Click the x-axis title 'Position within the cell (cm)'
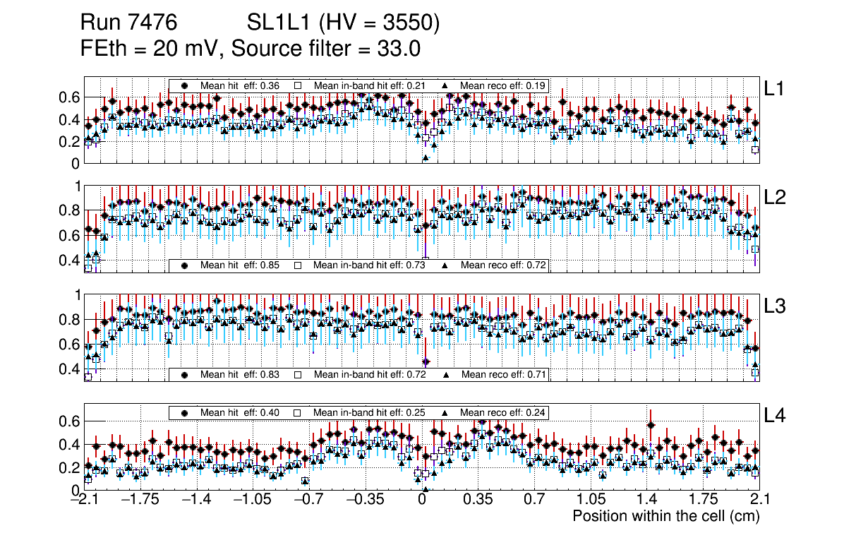(x=665, y=516)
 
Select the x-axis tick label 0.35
(x=478, y=499)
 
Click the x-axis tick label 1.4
(x=646, y=499)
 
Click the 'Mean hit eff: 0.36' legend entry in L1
(x=230, y=85)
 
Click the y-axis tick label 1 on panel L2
(x=78, y=186)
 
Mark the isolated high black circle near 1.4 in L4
(x=651, y=425)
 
